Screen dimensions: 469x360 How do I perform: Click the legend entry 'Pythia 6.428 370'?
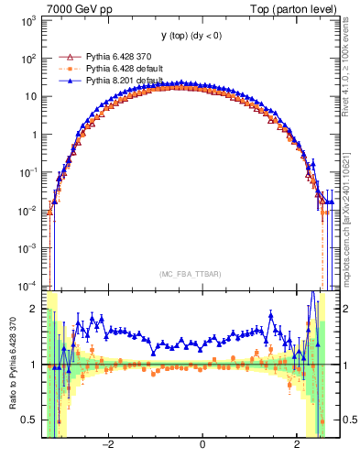pyautogui.click(x=121, y=57)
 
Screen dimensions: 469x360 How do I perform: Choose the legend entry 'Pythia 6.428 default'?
pyautogui.click(x=126, y=69)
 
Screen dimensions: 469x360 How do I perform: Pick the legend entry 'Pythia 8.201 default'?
pyautogui.click(x=126, y=81)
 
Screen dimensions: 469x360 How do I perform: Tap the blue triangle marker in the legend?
pyautogui.click(x=66, y=81)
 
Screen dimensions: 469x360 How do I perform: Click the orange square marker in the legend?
pyautogui.click(x=66, y=69)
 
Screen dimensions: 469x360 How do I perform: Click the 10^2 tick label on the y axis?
pyautogui.click(x=30, y=58)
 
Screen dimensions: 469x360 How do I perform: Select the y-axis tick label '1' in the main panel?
pyautogui.click(x=35, y=134)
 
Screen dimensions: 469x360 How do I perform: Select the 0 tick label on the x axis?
pyautogui.click(x=202, y=445)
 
